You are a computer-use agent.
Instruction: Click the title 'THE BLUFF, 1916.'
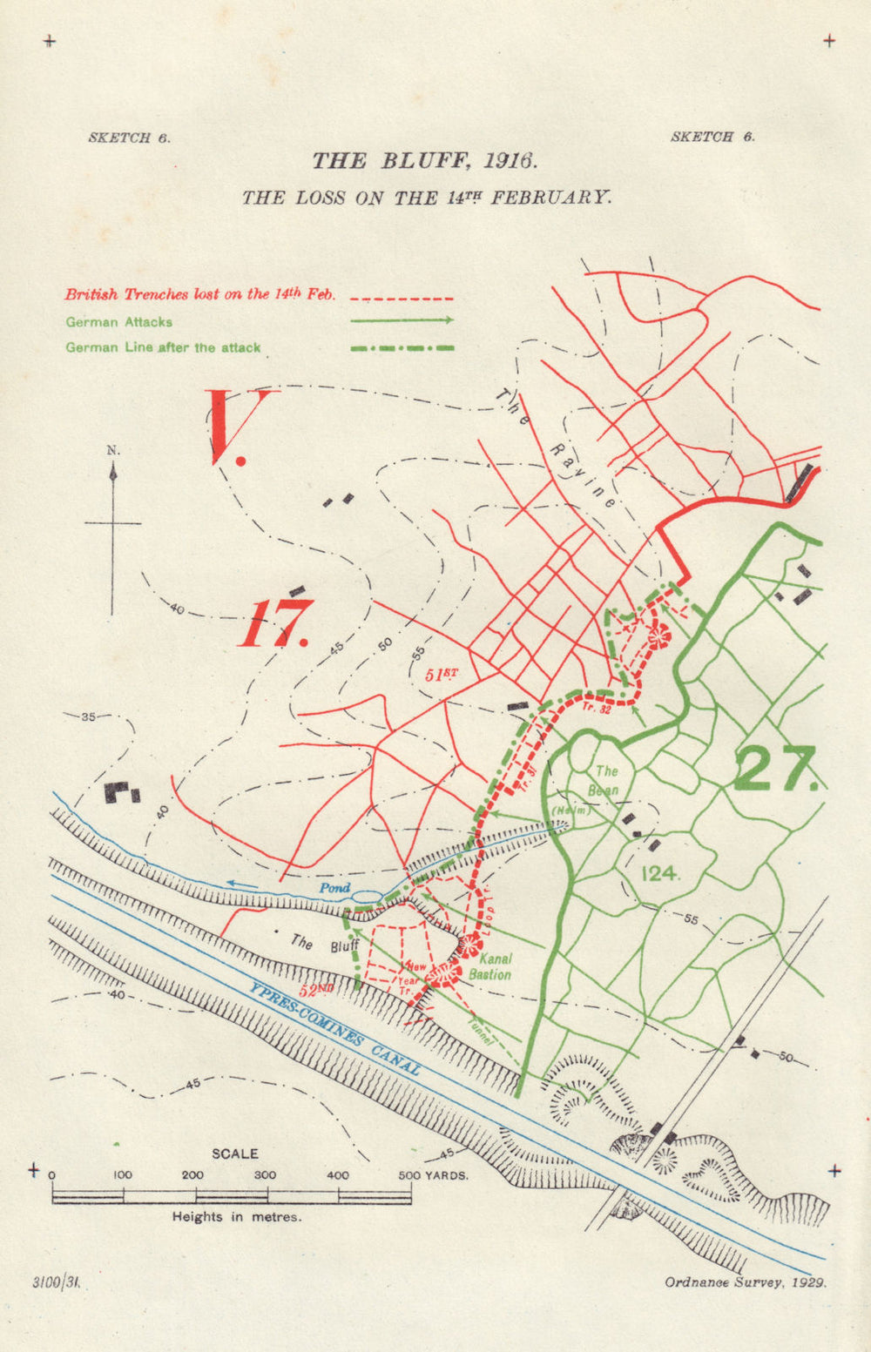click(x=425, y=161)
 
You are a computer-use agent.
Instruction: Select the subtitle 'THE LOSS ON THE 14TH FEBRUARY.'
click(x=427, y=198)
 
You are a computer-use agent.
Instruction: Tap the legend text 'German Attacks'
click(x=119, y=322)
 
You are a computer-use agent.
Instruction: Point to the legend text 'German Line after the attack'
click(x=163, y=347)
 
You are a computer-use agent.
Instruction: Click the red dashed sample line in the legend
click(x=401, y=297)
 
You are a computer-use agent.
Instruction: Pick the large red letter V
click(x=227, y=427)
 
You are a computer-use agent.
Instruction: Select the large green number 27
click(x=775, y=769)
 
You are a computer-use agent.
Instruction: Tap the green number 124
click(x=659, y=872)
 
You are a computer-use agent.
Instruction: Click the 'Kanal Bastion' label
click(x=490, y=966)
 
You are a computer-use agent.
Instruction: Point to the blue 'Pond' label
click(x=334, y=888)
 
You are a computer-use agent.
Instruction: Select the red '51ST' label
click(x=441, y=675)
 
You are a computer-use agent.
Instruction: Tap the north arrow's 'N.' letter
click(x=113, y=450)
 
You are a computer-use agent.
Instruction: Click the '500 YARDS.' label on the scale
click(x=433, y=1175)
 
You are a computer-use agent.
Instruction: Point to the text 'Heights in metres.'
click(x=237, y=1217)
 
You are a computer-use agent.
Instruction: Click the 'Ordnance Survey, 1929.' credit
click(x=745, y=1282)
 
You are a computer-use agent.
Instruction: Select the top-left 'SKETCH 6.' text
click(x=130, y=138)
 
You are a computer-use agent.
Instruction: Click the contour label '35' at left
click(x=88, y=717)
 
